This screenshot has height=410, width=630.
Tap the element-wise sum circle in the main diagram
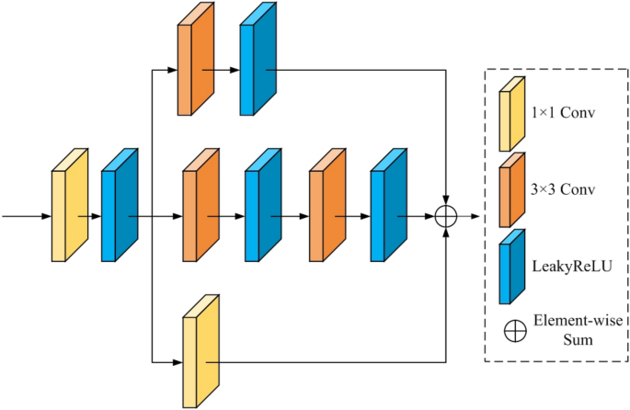point(446,217)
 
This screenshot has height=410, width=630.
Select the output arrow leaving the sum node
point(469,217)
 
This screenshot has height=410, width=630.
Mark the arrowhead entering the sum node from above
point(446,200)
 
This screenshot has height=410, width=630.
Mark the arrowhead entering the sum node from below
point(446,233)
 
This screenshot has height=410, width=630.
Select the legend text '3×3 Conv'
point(564,190)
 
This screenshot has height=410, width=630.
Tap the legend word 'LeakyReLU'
point(570,265)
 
